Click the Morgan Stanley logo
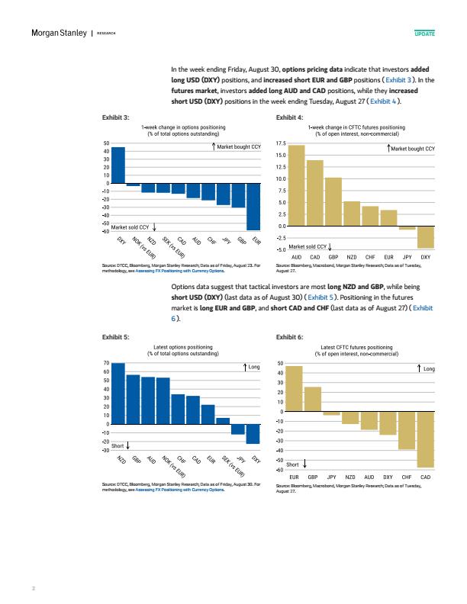pos(59,33)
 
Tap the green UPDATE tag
pos(424,34)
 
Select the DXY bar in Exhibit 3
pos(118,165)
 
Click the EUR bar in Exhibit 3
pos(253,207)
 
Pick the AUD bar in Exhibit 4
pos(296,185)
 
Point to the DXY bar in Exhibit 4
pos(426,237)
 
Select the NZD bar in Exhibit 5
pos(118,394)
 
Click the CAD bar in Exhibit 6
pos(425,440)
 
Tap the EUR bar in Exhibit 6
pos(294,389)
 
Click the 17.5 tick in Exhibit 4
pos(281,143)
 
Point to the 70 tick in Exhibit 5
pos(106,363)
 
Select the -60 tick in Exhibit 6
pos(280,470)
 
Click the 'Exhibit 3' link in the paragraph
pos(398,80)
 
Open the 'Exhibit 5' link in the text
pos(320,297)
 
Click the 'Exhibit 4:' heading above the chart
pos(289,117)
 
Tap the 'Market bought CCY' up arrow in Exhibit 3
pos(214,146)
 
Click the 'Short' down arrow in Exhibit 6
pos(304,464)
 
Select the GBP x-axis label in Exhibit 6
pos(313,477)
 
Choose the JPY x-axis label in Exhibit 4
pos(407,257)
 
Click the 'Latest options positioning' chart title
pos(183,347)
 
